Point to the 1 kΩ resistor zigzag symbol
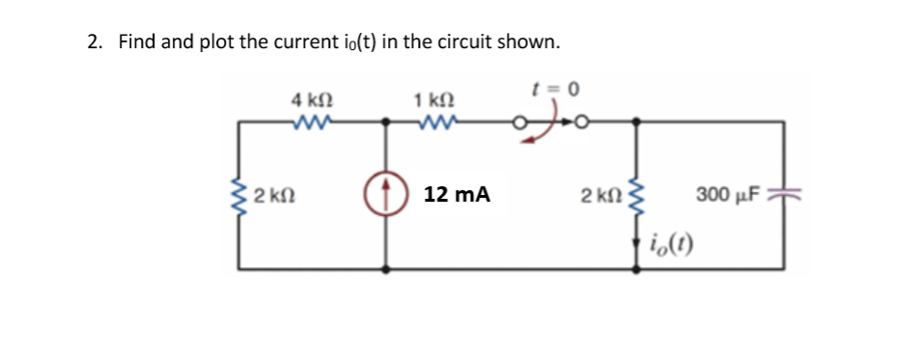tap(433, 122)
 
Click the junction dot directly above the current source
tap(388, 123)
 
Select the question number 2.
tap(94, 42)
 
